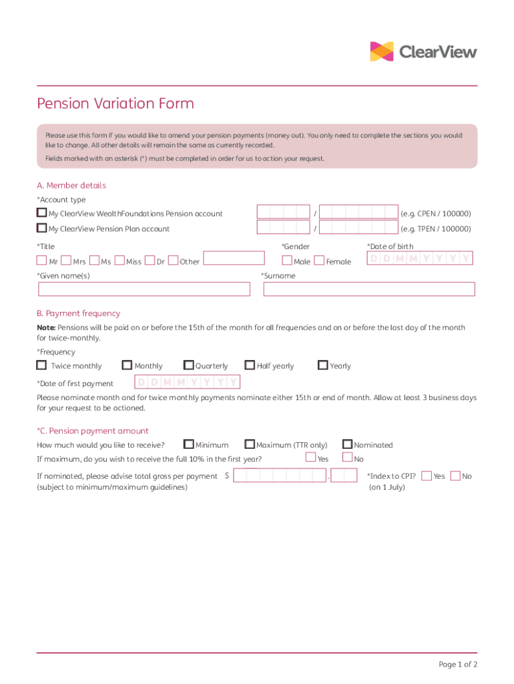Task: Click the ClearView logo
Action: pos(423,51)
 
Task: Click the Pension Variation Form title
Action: pos(115,104)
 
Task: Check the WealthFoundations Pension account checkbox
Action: pos(42,213)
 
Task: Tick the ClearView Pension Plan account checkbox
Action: pos(42,228)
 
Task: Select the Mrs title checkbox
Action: pos(67,261)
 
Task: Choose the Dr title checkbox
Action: pos(150,261)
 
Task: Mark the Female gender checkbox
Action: pos(319,261)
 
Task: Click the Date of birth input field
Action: pos(420,259)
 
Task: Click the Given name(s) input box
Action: pos(144,289)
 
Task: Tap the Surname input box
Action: pos(369,289)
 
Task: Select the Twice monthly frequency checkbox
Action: pos(42,365)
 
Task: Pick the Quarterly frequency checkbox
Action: pos(189,365)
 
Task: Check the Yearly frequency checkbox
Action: pos(323,365)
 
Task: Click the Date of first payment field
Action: pos(188,383)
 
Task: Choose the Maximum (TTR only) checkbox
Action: pos(250,444)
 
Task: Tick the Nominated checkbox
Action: pos(348,444)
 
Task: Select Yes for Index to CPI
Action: pos(427,476)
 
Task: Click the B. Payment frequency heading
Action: pos(79,313)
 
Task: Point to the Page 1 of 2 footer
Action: pos(457,664)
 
